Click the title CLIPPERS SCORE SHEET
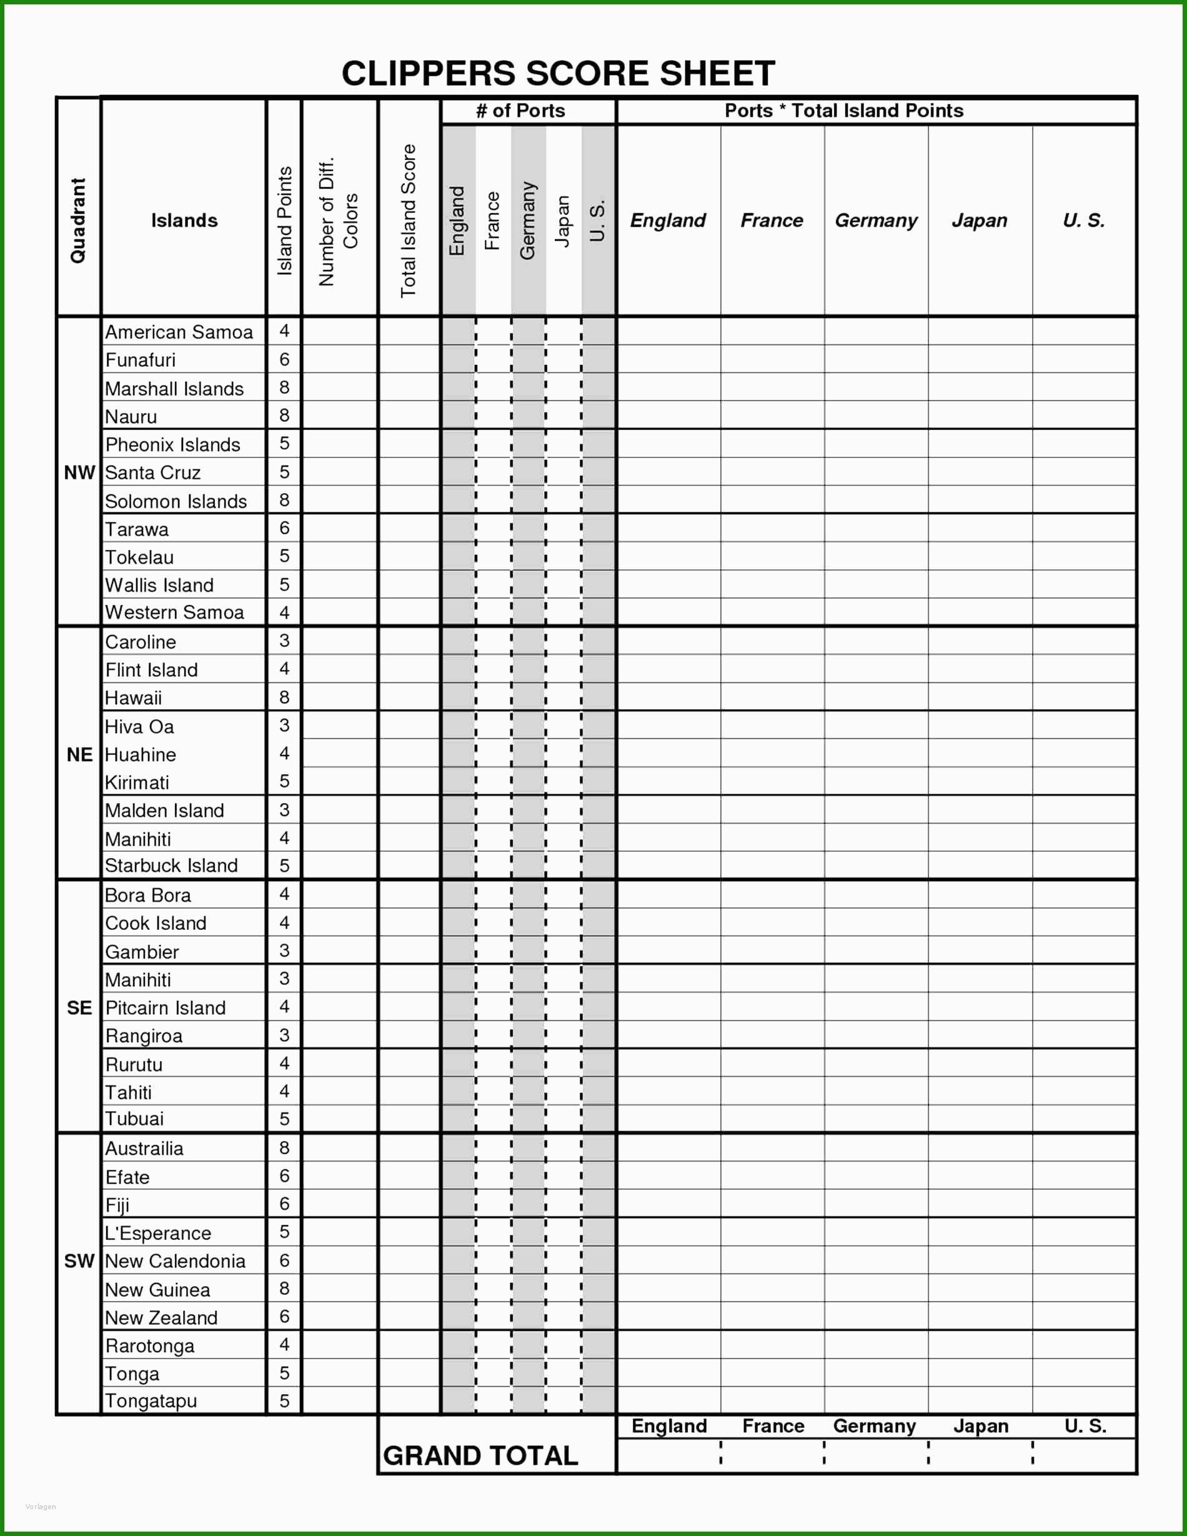pyautogui.click(x=558, y=73)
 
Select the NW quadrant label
pyautogui.click(x=79, y=472)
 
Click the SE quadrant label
pyautogui.click(x=79, y=1008)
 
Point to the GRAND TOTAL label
pyautogui.click(x=480, y=1455)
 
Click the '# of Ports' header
pyautogui.click(x=520, y=111)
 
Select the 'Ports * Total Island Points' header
pyautogui.click(x=844, y=111)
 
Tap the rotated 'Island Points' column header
pyautogui.click(x=284, y=221)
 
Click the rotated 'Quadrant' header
pyautogui.click(x=77, y=221)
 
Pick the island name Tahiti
pyautogui.click(x=128, y=1092)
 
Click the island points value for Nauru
pyautogui.click(x=284, y=415)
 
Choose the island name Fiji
pyautogui.click(x=117, y=1205)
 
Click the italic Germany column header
pyautogui.click(x=875, y=221)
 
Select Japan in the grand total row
pyautogui.click(x=980, y=1425)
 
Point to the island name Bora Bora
pyautogui.click(x=147, y=895)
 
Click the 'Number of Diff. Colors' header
pyautogui.click(x=338, y=221)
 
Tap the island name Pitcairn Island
pyautogui.click(x=166, y=1008)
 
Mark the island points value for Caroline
pyautogui.click(x=284, y=641)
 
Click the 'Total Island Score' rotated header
pyautogui.click(x=409, y=221)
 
